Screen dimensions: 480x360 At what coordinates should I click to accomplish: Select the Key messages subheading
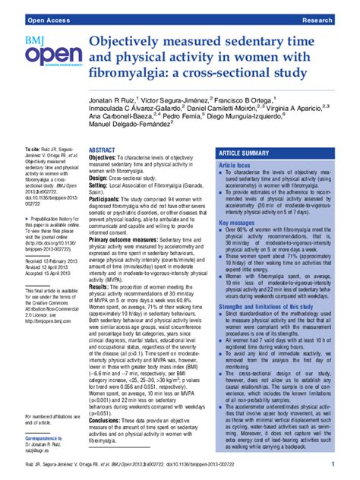[x=238, y=223]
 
